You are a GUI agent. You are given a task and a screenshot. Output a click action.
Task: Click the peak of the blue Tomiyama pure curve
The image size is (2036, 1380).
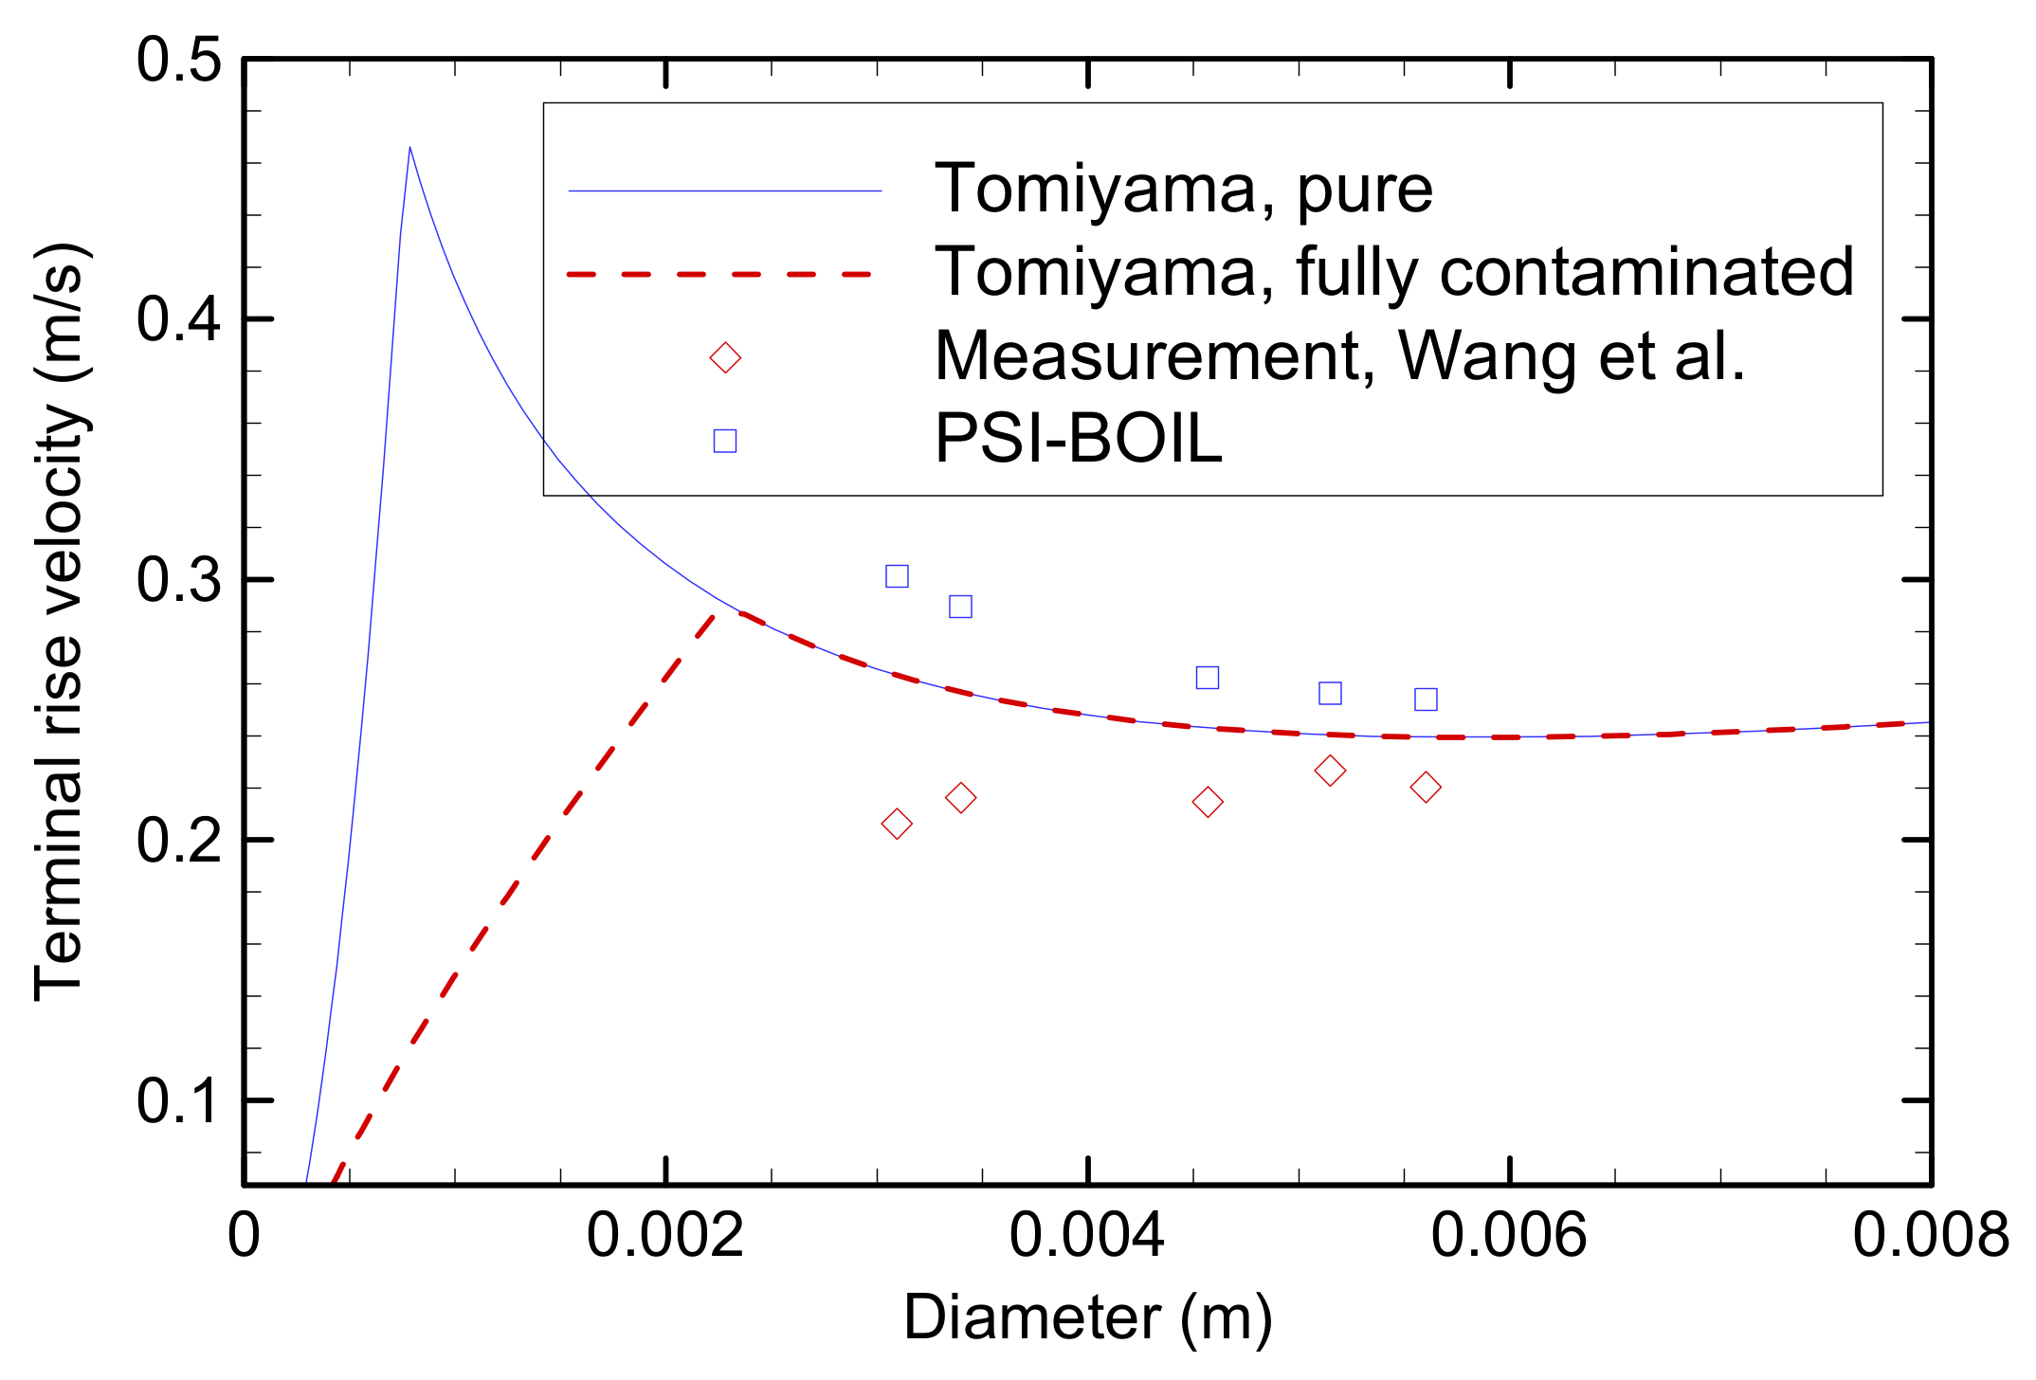tap(409, 147)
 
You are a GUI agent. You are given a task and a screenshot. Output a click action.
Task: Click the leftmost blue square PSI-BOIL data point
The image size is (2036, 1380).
tap(897, 576)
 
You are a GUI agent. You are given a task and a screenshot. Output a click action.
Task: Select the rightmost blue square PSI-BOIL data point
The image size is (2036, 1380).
tap(1426, 699)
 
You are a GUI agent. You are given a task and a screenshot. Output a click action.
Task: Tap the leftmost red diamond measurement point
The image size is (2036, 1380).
tap(897, 824)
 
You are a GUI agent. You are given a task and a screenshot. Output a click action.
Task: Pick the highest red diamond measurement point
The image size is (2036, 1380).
tap(1330, 771)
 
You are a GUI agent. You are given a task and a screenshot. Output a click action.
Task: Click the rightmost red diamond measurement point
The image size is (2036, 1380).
tap(1426, 787)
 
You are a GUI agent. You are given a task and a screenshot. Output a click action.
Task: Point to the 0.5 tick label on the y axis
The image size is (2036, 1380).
tap(178, 61)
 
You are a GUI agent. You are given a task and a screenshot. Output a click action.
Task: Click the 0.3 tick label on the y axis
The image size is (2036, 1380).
tap(178, 579)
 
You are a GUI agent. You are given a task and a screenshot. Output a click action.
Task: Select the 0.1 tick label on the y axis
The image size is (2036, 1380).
tap(178, 1100)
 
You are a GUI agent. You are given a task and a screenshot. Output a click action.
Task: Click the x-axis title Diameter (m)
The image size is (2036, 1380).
tap(1087, 1318)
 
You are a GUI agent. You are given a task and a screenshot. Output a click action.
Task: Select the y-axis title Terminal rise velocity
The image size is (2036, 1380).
tap(61, 621)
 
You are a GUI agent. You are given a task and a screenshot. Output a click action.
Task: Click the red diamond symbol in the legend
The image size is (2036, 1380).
tap(725, 357)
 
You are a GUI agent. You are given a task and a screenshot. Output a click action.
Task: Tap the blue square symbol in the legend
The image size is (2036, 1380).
tap(725, 441)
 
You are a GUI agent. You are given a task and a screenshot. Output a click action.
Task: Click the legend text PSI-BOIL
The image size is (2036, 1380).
tap(1078, 439)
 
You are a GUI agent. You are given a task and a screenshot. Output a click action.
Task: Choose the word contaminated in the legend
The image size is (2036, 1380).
tap(1645, 273)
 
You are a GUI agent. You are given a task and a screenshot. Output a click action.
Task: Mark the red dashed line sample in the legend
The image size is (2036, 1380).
tap(720, 274)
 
